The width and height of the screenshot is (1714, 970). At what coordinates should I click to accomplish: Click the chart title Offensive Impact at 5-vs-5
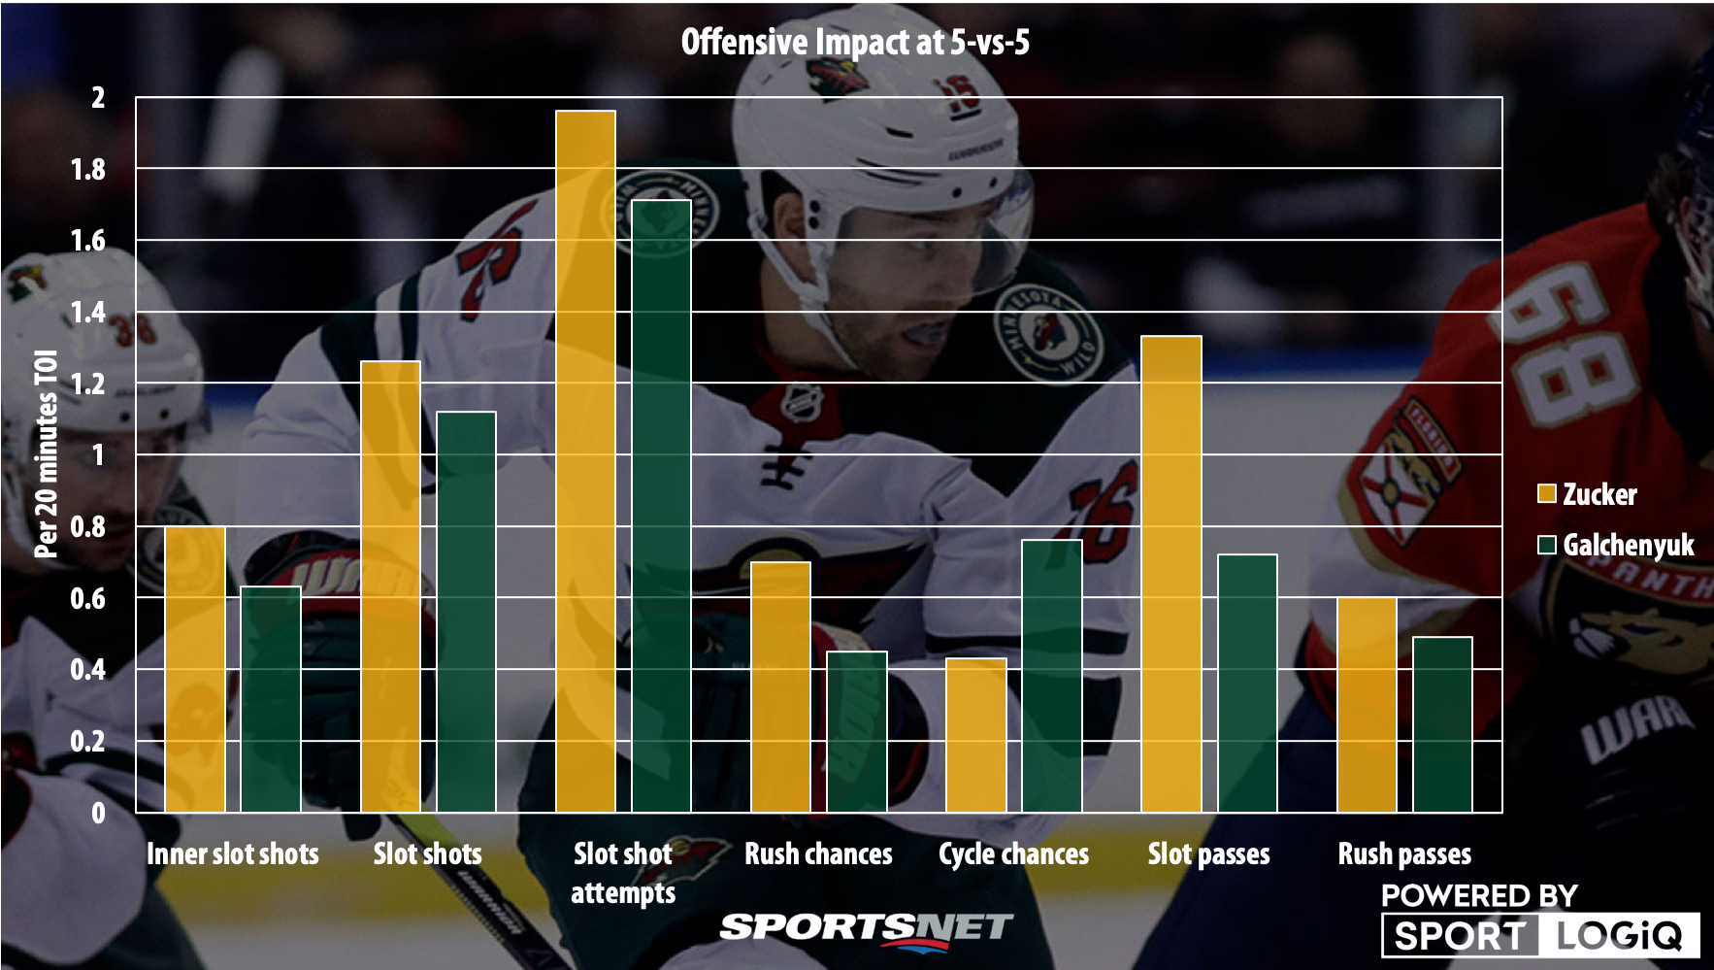(x=855, y=42)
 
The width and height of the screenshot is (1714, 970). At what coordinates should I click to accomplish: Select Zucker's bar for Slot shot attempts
(x=585, y=461)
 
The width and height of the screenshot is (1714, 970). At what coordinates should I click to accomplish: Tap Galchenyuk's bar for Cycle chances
(x=1052, y=676)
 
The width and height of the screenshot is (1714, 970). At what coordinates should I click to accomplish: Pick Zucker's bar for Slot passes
(x=1171, y=574)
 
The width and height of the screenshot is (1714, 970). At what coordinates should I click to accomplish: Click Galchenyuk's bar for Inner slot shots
(x=271, y=699)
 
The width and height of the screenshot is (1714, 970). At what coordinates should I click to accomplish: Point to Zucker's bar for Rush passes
(x=1367, y=705)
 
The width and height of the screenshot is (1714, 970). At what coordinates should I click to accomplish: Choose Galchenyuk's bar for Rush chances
(x=857, y=731)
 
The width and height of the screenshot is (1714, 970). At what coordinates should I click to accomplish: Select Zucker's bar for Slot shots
(x=390, y=586)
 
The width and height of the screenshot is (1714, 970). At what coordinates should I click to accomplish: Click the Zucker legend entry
(x=1588, y=494)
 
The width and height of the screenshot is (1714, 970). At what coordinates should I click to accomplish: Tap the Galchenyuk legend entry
(x=1616, y=545)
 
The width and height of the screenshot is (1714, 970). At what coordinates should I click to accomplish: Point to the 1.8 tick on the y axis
(x=87, y=170)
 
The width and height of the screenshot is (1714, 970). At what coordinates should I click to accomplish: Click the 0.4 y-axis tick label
(x=87, y=670)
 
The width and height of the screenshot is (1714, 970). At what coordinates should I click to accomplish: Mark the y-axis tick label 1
(x=97, y=455)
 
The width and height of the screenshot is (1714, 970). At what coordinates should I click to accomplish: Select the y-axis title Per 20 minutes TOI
(x=46, y=454)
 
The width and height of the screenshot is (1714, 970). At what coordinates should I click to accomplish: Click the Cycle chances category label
(x=1013, y=854)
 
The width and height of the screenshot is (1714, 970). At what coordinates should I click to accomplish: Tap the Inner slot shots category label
(x=233, y=854)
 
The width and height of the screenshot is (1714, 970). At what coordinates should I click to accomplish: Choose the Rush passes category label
(x=1404, y=854)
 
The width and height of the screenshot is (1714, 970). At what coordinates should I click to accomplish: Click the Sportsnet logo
(x=866, y=927)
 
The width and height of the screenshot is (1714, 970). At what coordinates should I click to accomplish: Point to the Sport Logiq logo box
(x=1540, y=935)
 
